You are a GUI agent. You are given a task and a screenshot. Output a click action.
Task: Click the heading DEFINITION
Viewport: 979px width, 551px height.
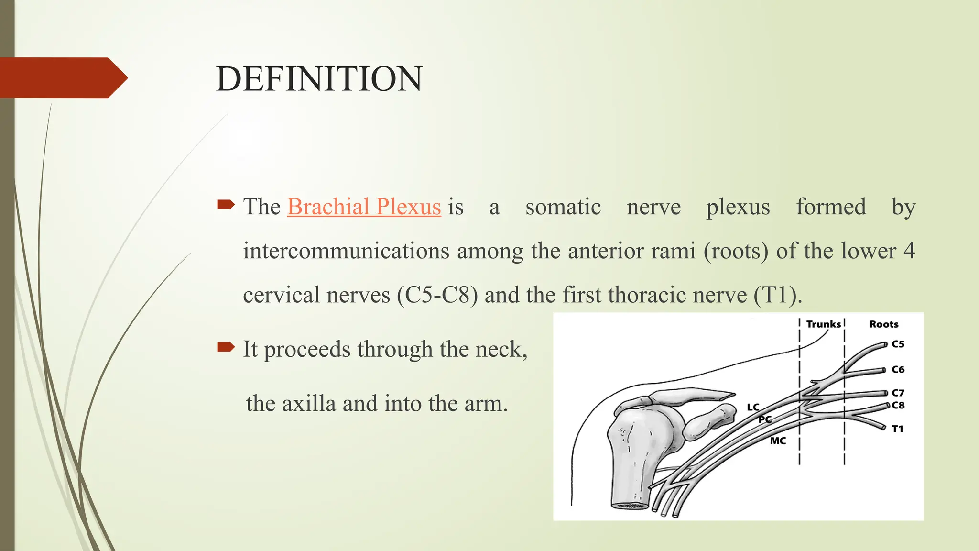tap(319, 79)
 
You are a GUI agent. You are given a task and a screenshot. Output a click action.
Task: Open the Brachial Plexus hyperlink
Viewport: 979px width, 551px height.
tap(364, 207)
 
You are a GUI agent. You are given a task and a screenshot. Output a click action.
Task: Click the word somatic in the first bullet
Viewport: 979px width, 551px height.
tap(563, 207)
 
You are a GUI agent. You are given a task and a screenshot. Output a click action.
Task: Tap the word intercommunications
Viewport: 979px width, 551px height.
tap(346, 251)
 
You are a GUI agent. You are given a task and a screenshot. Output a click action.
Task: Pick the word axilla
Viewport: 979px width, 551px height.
tap(309, 403)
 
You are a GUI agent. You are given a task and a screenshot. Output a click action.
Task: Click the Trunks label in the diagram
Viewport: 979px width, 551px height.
tap(823, 324)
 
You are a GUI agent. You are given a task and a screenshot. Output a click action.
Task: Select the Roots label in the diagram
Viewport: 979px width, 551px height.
tap(883, 324)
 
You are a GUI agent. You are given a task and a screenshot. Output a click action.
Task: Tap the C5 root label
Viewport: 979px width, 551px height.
tap(898, 344)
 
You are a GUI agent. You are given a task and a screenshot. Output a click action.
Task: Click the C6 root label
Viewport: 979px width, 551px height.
tap(898, 369)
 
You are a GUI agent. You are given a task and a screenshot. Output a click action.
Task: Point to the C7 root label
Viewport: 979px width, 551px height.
tap(898, 393)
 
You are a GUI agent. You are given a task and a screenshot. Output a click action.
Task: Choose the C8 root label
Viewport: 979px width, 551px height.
tap(898, 405)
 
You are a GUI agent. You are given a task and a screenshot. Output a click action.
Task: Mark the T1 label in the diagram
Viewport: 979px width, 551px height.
tap(897, 429)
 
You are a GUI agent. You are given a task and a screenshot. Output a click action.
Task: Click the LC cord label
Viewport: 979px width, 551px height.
tap(753, 407)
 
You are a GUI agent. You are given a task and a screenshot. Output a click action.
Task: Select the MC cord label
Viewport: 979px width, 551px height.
tap(778, 441)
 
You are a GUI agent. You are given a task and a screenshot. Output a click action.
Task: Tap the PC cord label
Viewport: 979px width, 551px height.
tap(765, 419)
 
